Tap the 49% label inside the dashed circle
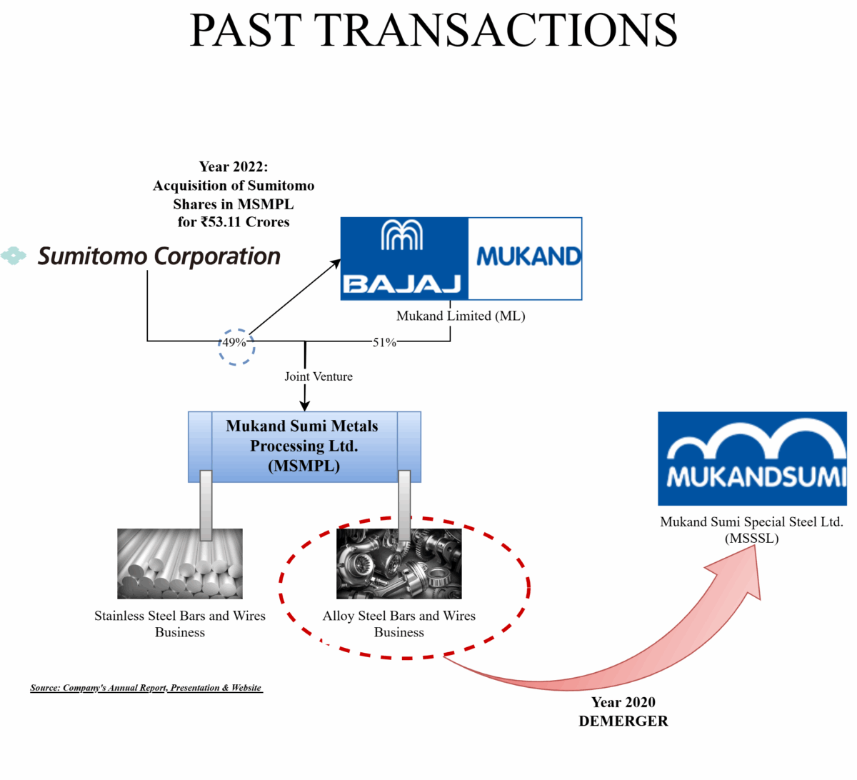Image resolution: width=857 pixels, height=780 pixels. (x=234, y=342)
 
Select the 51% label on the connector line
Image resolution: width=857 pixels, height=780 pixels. (x=384, y=342)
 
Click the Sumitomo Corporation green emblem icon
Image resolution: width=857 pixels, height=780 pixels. (x=14, y=255)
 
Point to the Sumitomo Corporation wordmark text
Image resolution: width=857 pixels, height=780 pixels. (x=159, y=256)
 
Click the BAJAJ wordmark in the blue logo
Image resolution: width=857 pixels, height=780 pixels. (x=402, y=284)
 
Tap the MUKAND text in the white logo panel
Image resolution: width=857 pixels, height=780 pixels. (x=528, y=256)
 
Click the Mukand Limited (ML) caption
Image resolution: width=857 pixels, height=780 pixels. (x=461, y=316)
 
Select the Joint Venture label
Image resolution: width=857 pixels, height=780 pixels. (x=319, y=376)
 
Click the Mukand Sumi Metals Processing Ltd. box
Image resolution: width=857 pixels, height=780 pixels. (x=304, y=446)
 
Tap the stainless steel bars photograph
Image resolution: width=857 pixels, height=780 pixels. (x=179, y=564)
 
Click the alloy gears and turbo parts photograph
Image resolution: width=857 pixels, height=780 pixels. (x=399, y=564)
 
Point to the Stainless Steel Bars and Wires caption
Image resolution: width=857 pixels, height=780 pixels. (x=179, y=624)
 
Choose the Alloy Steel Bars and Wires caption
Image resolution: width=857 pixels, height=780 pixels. (x=399, y=624)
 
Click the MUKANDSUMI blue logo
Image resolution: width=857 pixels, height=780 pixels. (x=752, y=459)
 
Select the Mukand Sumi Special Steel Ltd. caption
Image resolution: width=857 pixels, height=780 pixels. (x=751, y=529)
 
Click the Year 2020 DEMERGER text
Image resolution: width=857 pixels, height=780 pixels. (x=623, y=711)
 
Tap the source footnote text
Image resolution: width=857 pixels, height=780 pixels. (x=146, y=688)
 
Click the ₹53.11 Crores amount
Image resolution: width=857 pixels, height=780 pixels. (x=244, y=222)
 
